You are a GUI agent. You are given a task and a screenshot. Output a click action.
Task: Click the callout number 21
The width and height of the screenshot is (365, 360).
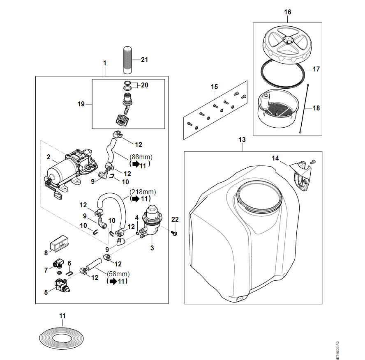(144, 60)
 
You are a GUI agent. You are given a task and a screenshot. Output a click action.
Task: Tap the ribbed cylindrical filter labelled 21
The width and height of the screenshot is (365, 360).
(127, 60)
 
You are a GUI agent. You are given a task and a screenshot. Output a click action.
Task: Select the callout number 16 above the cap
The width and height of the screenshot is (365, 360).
(287, 12)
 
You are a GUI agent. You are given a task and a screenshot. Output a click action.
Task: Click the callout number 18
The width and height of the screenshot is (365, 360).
(316, 108)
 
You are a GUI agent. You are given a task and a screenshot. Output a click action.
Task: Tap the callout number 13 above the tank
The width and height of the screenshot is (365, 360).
(242, 140)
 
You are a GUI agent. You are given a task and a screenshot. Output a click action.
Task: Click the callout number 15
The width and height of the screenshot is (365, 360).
(214, 87)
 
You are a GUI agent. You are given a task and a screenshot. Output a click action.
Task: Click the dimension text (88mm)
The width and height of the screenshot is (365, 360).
(141, 157)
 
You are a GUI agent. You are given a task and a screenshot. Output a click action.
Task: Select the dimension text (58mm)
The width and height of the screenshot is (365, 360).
(118, 274)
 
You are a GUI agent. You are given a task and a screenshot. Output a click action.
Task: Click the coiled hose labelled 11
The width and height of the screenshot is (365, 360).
(62, 337)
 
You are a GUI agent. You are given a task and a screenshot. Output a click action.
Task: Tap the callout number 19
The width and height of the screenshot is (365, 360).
(81, 104)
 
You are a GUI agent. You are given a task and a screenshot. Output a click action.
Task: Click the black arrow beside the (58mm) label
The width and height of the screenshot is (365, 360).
(111, 282)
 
